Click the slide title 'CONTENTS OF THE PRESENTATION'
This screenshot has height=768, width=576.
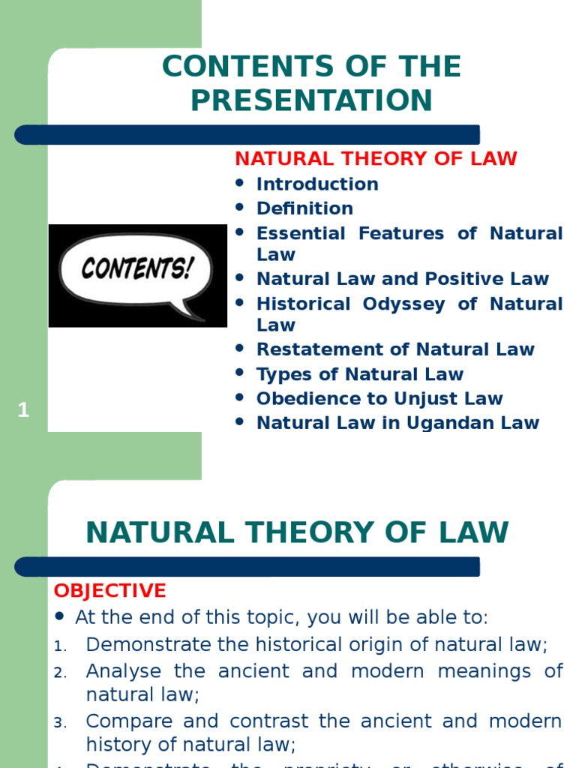tap(311, 83)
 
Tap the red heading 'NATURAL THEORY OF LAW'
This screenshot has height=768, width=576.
tap(376, 159)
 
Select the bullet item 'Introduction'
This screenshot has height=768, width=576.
tap(317, 184)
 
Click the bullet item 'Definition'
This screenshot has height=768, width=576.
tap(304, 208)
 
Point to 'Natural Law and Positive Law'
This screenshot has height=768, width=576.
tap(403, 279)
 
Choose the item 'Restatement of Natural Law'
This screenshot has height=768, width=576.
tap(395, 349)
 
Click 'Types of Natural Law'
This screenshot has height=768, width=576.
tap(360, 374)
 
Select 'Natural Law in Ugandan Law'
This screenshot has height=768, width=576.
tap(397, 422)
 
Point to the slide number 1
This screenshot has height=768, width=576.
tap(24, 410)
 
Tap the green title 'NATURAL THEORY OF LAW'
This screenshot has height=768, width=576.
tap(297, 532)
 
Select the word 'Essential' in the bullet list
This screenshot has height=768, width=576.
tap(304, 233)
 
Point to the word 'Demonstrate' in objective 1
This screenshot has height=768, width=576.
tap(148, 644)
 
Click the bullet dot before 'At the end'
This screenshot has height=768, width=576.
tap(61, 617)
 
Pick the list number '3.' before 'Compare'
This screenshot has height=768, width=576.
tap(61, 723)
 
